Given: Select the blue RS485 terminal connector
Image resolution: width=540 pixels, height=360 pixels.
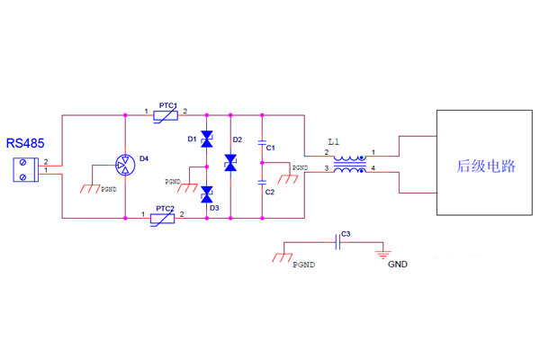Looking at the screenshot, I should [x=26, y=170].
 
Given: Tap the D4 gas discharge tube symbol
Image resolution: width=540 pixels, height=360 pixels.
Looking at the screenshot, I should [x=124, y=165].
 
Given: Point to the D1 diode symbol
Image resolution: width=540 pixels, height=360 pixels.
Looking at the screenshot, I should [x=207, y=139].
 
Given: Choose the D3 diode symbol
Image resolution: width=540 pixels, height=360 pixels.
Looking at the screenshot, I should [x=207, y=193].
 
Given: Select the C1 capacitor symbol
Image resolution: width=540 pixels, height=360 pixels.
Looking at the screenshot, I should [x=262, y=143].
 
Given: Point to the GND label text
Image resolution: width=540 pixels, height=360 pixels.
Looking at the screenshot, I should [x=398, y=265].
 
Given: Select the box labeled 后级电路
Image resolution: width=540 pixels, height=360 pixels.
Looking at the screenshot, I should [x=485, y=163].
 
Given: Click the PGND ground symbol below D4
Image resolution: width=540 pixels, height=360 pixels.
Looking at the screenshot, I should [x=90, y=188].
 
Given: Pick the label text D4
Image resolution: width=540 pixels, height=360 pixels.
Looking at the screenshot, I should [x=144, y=158].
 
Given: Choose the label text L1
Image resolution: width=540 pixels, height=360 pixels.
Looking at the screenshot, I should [x=335, y=143].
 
